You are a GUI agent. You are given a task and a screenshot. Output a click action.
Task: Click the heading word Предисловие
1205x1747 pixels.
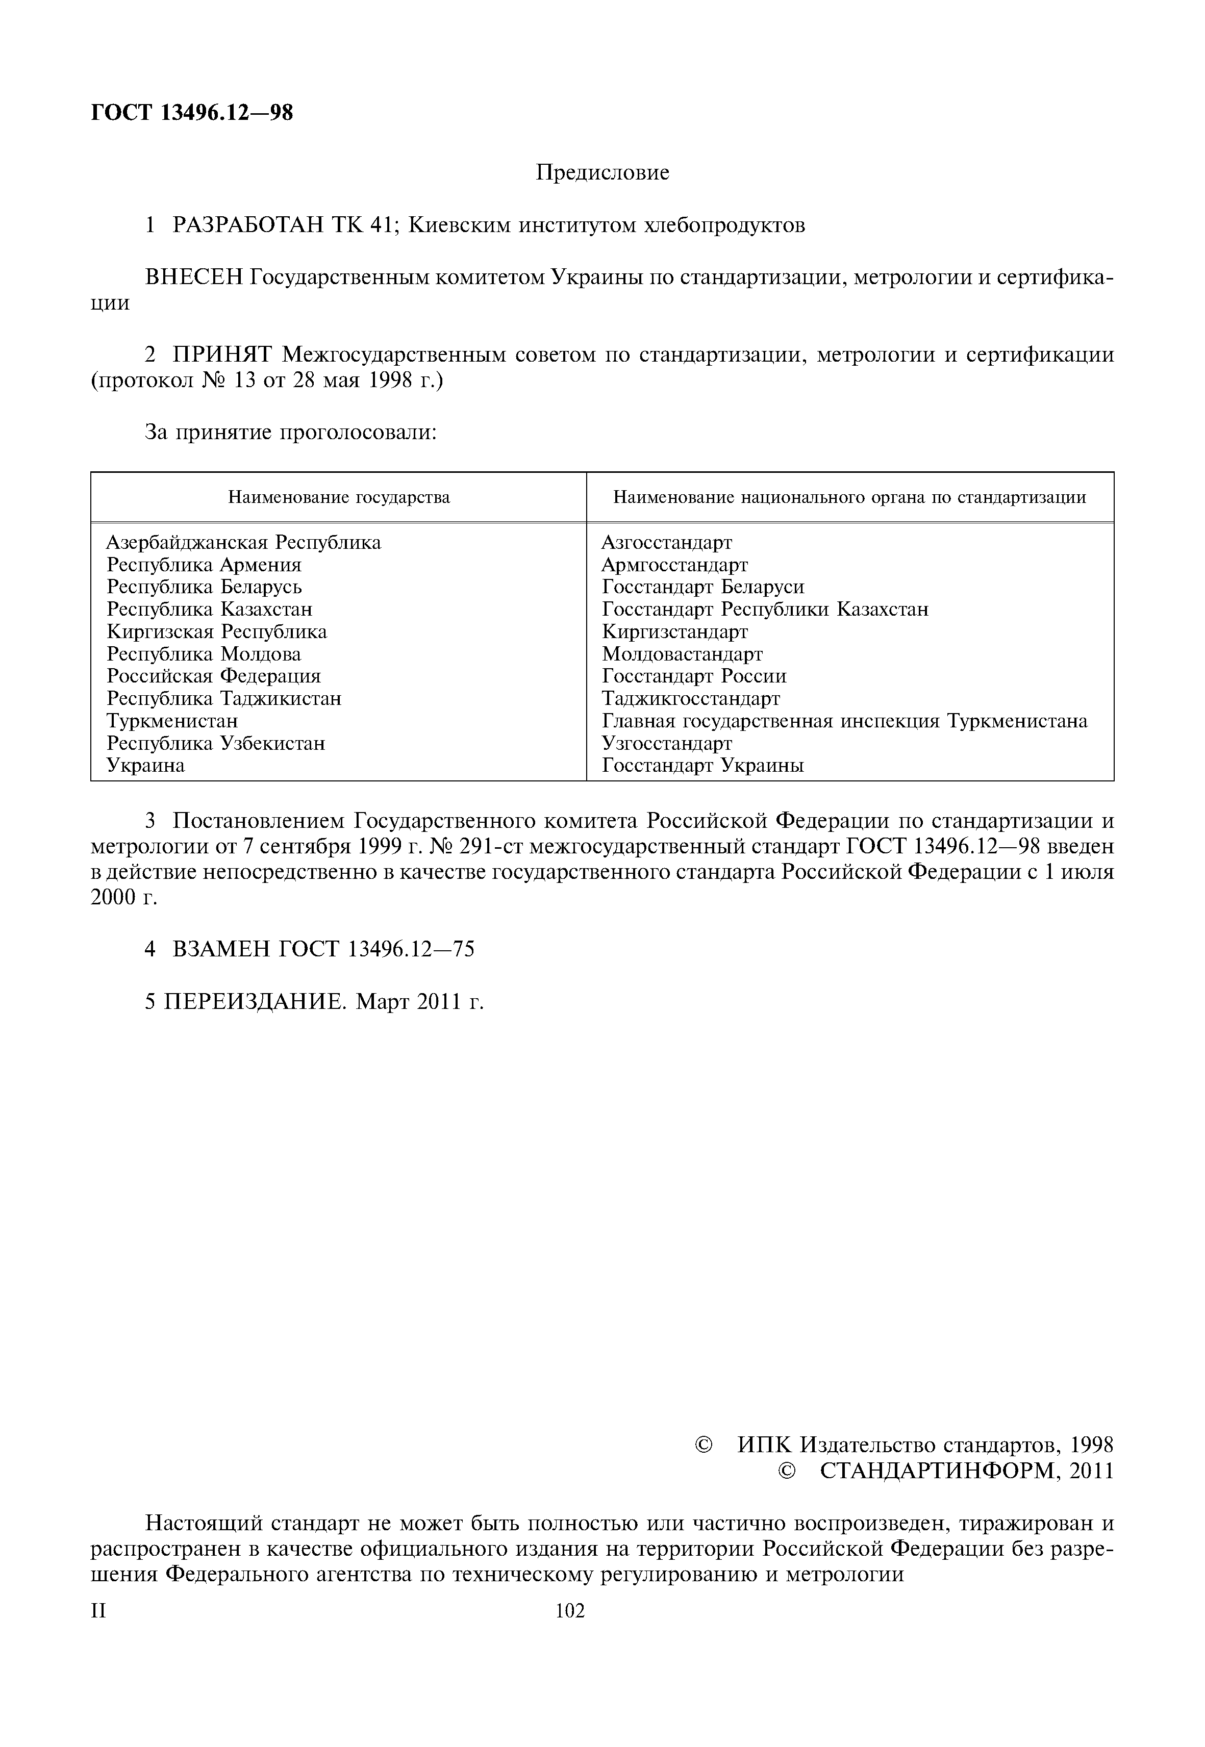(x=602, y=173)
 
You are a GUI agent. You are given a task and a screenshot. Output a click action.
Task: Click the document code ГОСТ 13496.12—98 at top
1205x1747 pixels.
(x=192, y=113)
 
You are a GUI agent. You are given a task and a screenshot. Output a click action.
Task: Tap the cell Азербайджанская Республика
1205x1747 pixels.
(x=244, y=542)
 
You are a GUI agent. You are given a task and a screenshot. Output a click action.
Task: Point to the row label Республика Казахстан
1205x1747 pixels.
(x=209, y=609)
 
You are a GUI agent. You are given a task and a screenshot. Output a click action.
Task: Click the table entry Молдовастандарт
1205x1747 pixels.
(x=682, y=654)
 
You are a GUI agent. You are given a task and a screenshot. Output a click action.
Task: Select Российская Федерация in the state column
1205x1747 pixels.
(x=214, y=676)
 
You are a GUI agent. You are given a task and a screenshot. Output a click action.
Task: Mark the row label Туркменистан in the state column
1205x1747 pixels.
(x=172, y=721)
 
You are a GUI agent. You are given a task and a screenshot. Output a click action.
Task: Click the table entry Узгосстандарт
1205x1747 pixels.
(x=667, y=744)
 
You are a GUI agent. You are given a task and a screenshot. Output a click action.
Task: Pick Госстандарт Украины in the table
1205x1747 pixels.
(x=702, y=766)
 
